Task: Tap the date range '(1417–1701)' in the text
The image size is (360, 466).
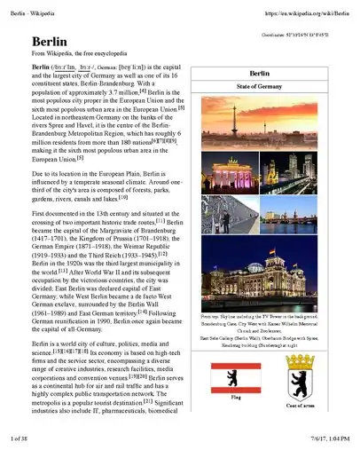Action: point(52,240)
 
